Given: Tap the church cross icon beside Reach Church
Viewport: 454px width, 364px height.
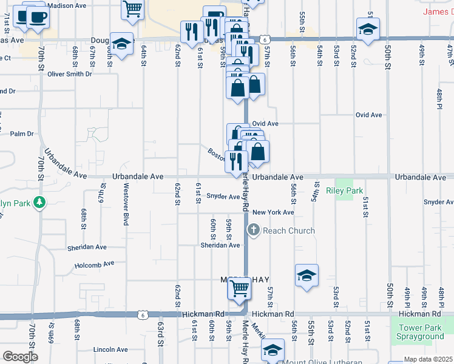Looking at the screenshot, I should pos(254,231).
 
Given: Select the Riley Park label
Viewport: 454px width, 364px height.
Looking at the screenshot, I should pos(344,191).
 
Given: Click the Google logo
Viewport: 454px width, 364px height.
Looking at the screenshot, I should pos(20,357).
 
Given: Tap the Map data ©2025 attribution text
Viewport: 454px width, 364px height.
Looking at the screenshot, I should pos(428,359).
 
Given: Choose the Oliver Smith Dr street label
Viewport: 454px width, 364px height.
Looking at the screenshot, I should pos(70,74).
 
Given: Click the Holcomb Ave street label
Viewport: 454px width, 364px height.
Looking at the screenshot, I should pos(95,265).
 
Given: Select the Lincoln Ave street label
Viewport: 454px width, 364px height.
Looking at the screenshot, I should pos(110,350).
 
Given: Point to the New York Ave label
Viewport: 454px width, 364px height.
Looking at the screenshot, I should pos(273,212).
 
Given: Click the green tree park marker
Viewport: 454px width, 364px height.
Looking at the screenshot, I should pos(39,202).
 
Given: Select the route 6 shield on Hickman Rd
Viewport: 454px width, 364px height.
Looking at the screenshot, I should pos(141,315).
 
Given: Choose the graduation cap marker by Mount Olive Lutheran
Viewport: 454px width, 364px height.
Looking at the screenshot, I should pos(273,350).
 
